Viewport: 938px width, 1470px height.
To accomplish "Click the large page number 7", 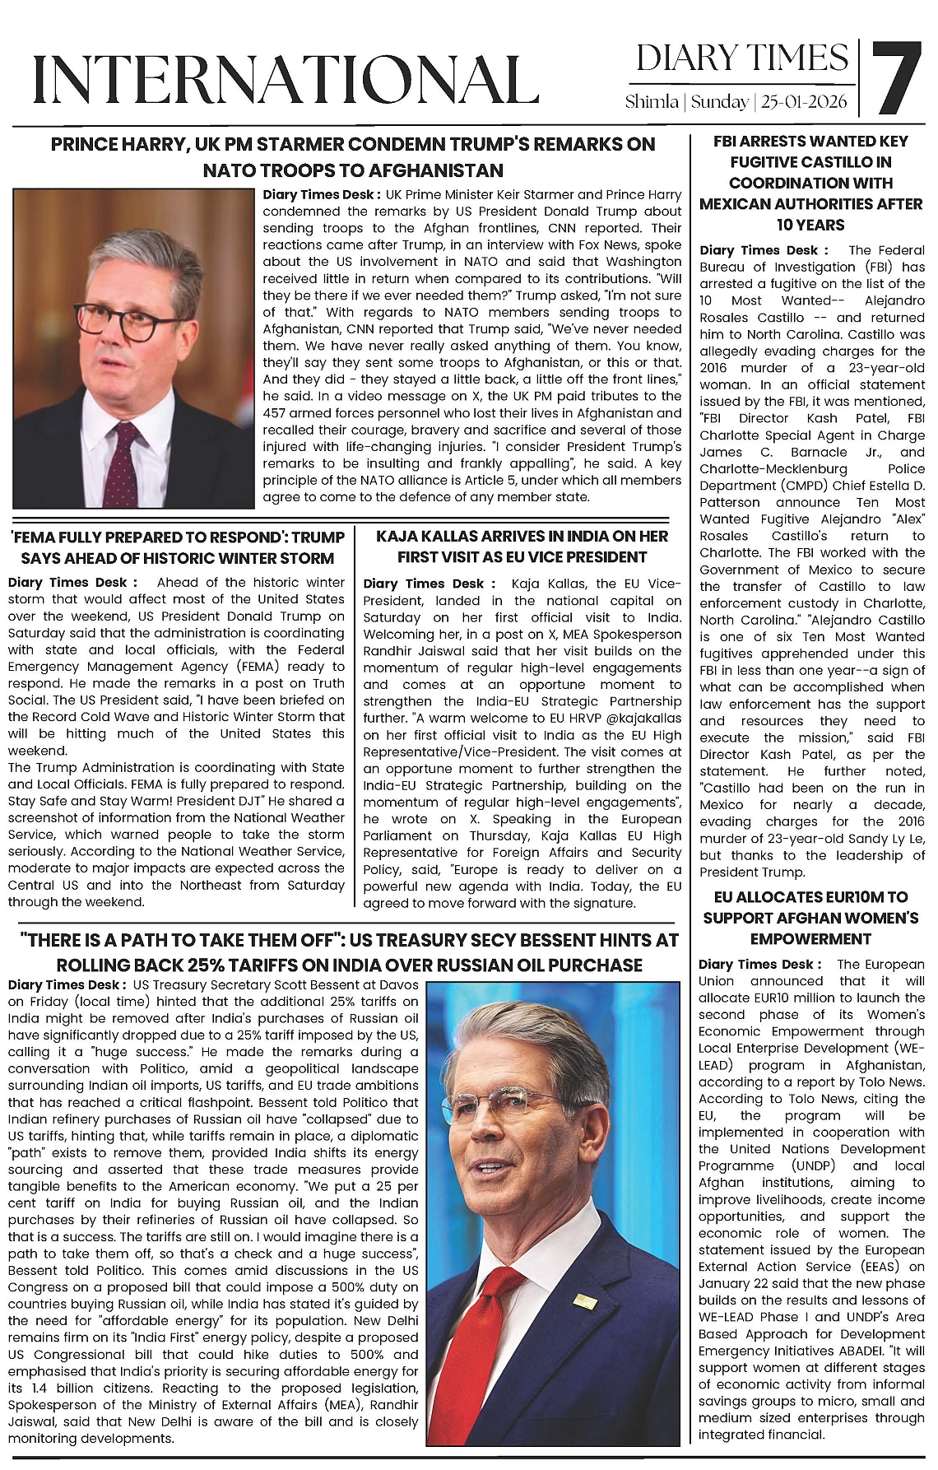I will (x=896, y=78).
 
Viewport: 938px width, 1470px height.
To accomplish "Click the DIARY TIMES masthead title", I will (x=741, y=58).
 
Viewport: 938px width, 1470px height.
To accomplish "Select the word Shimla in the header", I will (x=651, y=103).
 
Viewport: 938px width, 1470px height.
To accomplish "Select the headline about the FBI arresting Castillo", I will (x=810, y=183).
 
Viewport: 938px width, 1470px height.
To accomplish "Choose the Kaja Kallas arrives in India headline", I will (x=522, y=547).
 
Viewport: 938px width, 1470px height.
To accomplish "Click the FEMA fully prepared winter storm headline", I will (x=177, y=547).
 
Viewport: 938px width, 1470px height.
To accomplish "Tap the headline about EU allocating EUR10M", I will (x=810, y=918).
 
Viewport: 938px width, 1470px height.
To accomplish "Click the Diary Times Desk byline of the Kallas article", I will (x=429, y=584).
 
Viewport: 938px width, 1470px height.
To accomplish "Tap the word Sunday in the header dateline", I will (x=719, y=103).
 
